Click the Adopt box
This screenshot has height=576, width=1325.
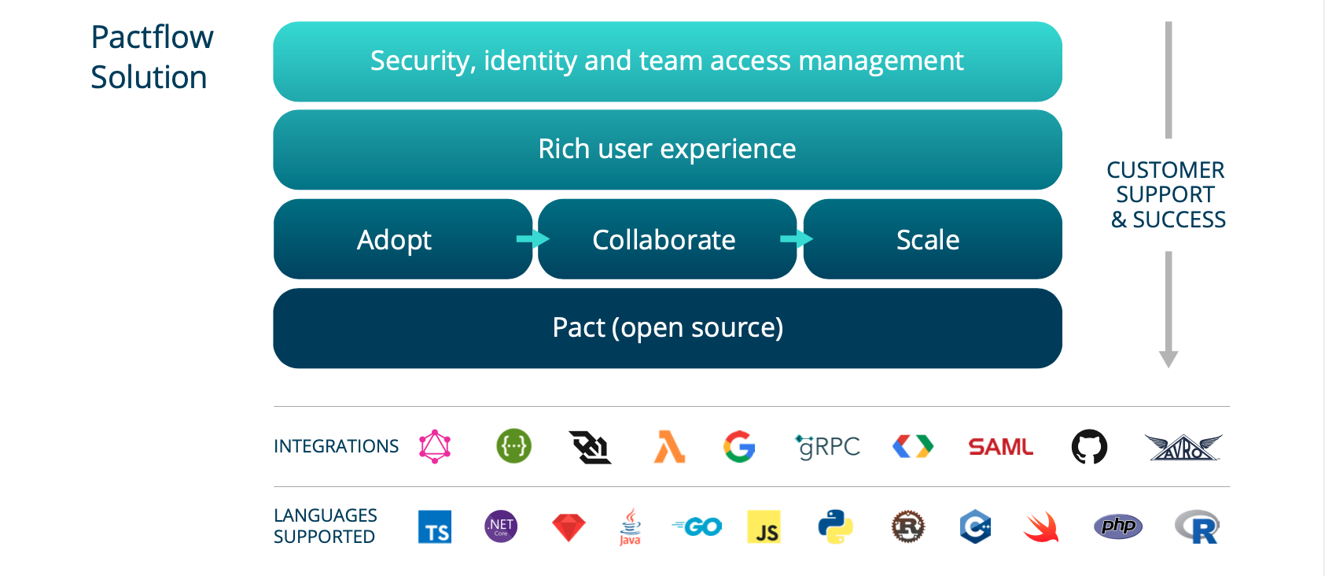point(395,239)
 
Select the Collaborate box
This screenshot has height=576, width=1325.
point(664,239)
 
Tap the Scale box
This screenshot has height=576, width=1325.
point(928,239)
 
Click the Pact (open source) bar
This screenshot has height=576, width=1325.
point(668,327)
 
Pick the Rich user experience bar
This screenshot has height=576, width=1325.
point(668,149)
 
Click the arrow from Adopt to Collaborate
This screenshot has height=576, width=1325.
point(534,238)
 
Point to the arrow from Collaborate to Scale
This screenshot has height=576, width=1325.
point(797,238)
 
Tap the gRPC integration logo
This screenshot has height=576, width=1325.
point(828,447)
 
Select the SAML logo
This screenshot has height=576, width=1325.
point(1000,447)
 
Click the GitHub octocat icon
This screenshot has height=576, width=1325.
point(1089,447)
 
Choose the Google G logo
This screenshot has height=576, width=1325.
point(739,447)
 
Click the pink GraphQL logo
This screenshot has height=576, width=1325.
point(435,446)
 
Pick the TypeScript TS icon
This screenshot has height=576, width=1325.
point(435,527)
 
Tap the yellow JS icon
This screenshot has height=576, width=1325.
point(764,527)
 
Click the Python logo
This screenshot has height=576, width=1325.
point(834,526)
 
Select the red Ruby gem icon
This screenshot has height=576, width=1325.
point(569,527)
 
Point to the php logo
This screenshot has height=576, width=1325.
point(1117,526)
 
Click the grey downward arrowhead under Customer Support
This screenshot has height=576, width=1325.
point(1169,359)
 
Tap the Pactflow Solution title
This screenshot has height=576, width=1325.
point(151,57)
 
